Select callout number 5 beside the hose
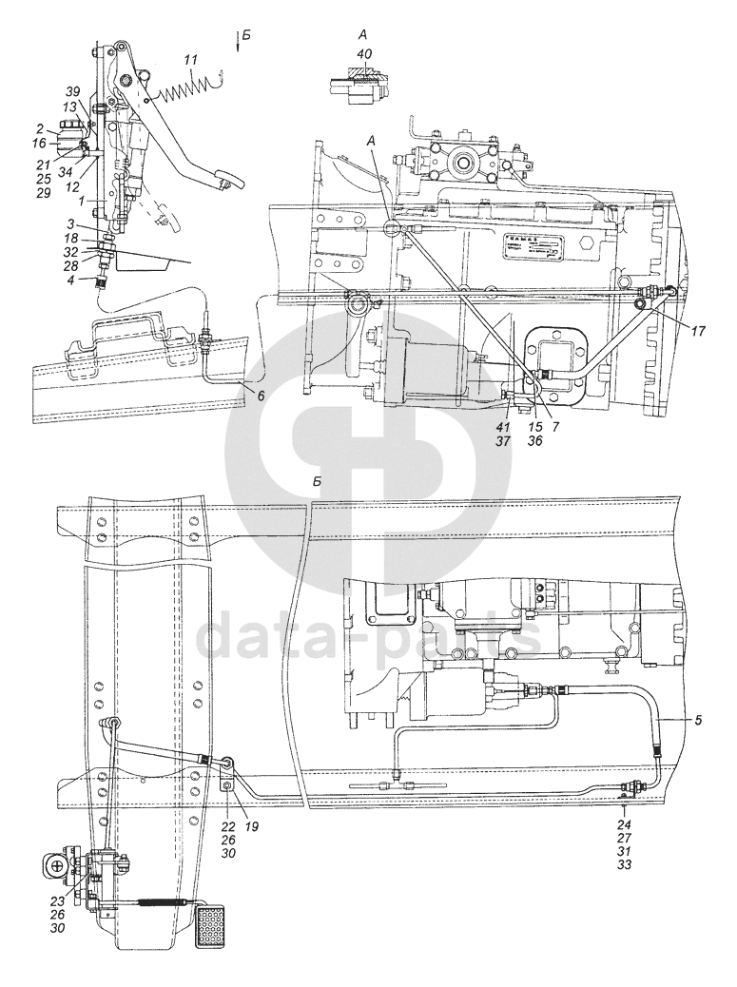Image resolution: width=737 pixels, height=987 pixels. point(698,720)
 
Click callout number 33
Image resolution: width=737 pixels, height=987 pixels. point(625,865)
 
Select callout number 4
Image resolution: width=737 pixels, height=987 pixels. point(69,281)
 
